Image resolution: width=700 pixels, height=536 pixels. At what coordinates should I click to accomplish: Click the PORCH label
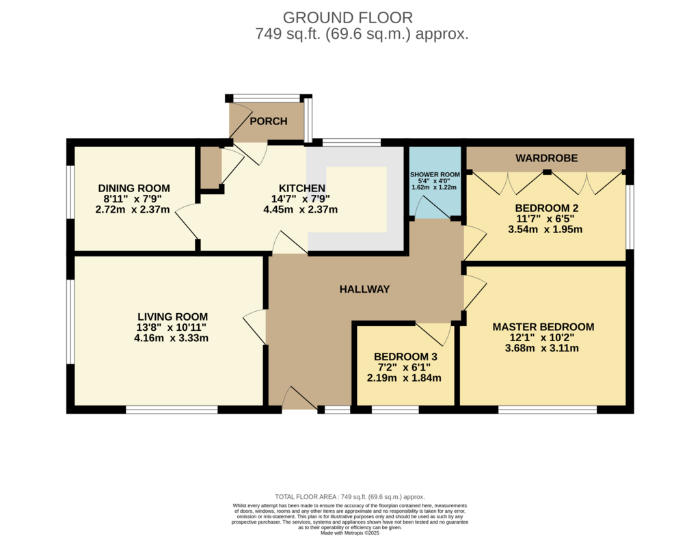coord(268,121)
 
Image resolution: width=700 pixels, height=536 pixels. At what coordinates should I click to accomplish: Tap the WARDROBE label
coord(546,158)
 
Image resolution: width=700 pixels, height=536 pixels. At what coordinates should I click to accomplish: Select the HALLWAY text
coord(365,289)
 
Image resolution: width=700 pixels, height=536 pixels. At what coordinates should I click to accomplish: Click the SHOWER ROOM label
coord(435,174)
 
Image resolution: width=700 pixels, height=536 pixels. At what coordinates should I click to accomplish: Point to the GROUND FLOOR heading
coord(348,17)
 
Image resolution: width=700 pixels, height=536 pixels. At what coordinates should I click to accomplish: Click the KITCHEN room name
coord(301,188)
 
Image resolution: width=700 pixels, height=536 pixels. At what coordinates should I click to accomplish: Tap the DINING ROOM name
coord(134,188)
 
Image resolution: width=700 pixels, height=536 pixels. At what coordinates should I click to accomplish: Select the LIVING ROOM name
coord(172,317)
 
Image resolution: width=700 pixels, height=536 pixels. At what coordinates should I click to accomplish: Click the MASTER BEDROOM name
coord(543,327)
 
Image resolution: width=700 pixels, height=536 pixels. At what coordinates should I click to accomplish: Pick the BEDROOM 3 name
coord(405,357)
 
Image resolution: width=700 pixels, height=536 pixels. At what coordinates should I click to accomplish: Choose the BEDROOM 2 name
coord(546,208)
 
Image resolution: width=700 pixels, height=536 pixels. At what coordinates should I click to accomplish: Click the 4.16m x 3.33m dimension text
coord(172,338)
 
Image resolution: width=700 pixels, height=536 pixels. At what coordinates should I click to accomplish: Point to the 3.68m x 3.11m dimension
coord(542,348)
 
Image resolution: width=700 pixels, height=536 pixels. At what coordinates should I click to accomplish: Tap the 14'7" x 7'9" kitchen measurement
coord(301,199)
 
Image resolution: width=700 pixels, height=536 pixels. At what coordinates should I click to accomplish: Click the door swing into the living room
coord(255,327)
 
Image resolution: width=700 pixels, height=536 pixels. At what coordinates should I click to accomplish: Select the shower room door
coord(431,208)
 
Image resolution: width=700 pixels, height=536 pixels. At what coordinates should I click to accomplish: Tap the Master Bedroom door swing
coord(474,293)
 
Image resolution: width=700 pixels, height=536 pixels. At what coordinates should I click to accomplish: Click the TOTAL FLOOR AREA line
coord(350,497)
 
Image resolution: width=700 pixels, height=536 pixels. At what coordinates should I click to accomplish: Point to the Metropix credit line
coord(350,533)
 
